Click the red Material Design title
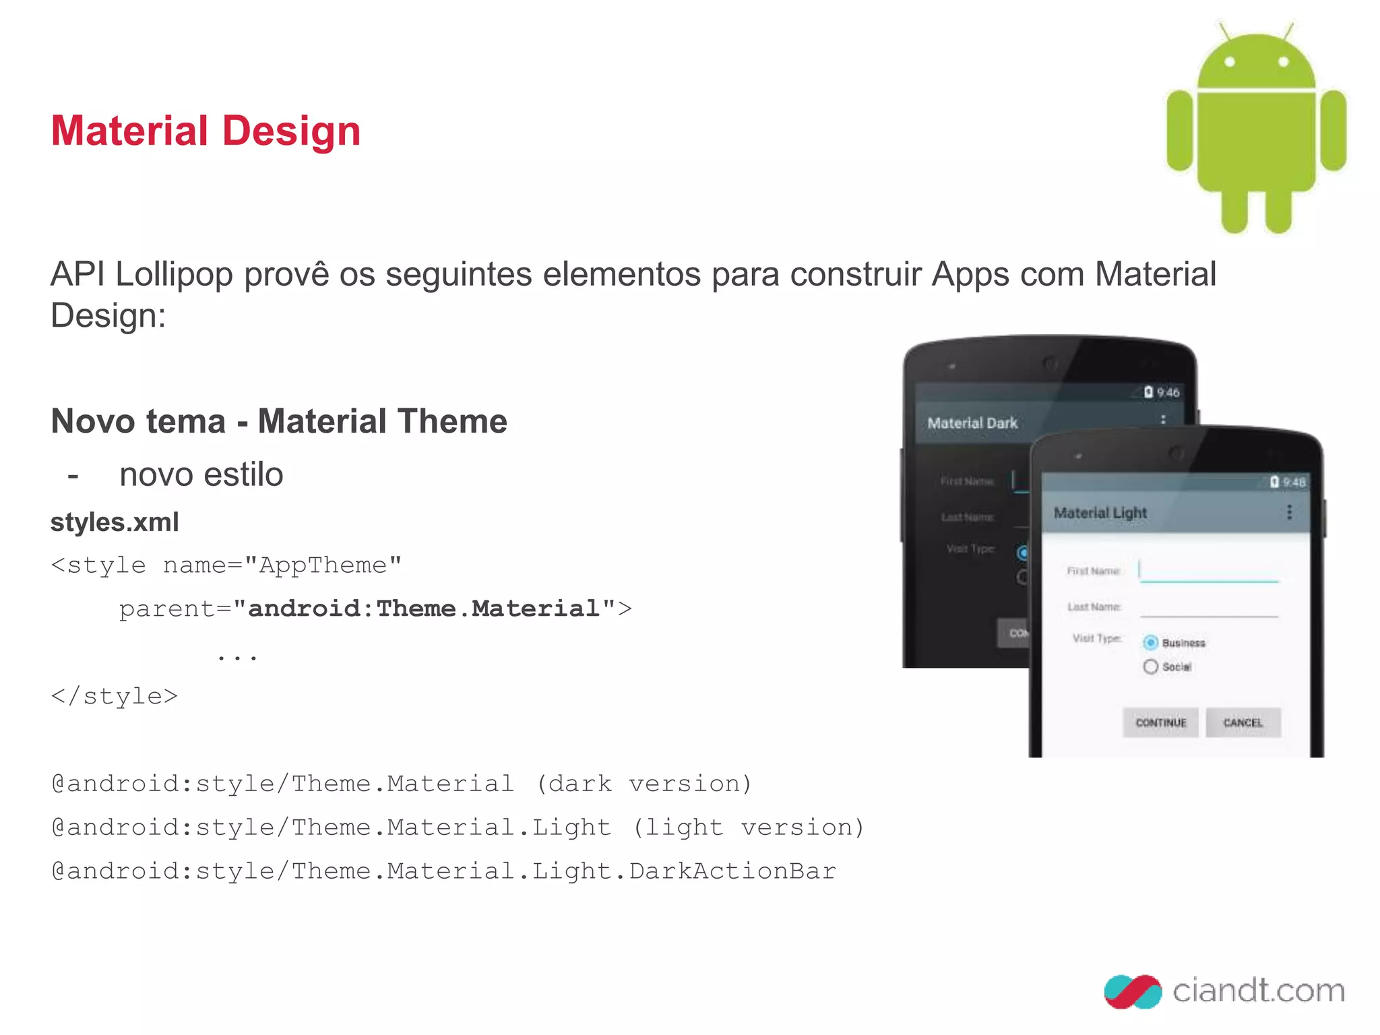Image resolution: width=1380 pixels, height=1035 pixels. point(206,131)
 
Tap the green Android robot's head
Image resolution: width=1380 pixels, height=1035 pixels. point(1256,64)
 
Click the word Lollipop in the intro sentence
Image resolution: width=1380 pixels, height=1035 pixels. point(174,275)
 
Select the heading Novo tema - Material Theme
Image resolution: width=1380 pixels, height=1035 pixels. point(279,422)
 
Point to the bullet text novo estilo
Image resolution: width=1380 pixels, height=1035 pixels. point(201,474)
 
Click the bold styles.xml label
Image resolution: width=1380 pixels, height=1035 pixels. point(115,522)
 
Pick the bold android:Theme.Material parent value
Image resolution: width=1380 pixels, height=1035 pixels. point(424,608)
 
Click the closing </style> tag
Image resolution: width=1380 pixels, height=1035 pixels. point(115,696)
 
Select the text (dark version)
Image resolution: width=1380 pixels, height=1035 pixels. point(644,784)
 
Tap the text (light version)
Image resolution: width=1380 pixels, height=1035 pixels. point(748,827)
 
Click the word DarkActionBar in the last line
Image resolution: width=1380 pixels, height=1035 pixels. point(732,871)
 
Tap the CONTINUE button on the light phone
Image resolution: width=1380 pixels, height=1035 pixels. point(1160,722)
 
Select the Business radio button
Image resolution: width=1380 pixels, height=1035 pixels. point(1151,643)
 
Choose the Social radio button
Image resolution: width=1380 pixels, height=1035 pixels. point(1151,666)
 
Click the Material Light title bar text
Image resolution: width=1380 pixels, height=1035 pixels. point(1100,513)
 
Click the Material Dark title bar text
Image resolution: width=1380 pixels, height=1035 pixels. point(972,423)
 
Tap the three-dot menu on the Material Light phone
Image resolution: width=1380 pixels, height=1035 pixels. point(1289,512)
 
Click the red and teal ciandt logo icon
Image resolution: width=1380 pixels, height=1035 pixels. point(1133,991)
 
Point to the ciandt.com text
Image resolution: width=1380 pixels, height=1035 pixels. point(1258,991)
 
